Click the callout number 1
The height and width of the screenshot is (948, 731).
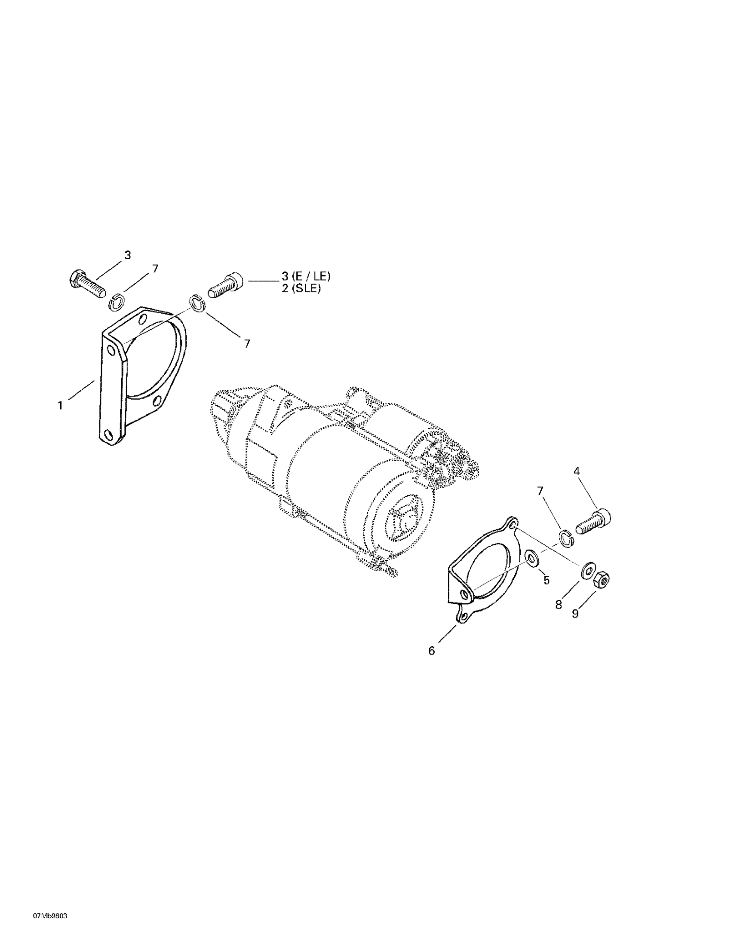[x=60, y=406]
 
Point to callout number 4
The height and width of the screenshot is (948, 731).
[x=576, y=471]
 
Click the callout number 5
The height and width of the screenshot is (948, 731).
[x=547, y=580]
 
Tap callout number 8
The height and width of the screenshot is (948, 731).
[x=559, y=605]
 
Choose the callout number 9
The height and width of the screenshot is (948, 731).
[x=575, y=614]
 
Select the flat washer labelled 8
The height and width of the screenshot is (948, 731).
[x=588, y=570]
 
